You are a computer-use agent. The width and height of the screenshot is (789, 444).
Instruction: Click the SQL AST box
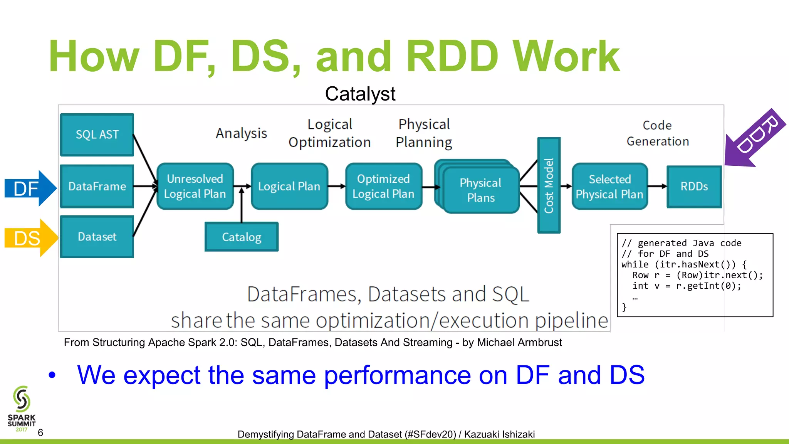pyautogui.click(x=97, y=135)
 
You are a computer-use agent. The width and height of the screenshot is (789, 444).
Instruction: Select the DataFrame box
pyautogui.click(x=97, y=186)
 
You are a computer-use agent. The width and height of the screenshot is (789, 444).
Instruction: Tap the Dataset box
pyautogui.click(x=97, y=236)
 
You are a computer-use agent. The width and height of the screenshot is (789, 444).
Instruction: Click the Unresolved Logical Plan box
pyautogui.click(x=195, y=186)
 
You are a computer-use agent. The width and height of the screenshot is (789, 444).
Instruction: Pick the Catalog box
pyautogui.click(x=242, y=237)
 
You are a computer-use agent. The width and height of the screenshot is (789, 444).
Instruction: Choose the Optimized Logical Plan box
pyautogui.click(x=383, y=186)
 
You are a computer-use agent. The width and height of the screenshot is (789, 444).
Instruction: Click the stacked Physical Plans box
pyautogui.click(x=480, y=190)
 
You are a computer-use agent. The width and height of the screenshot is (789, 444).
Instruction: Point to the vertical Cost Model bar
pyautogui.click(x=549, y=185)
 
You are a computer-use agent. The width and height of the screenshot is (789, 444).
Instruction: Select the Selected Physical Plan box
pyautogui.click(x=609, y=187)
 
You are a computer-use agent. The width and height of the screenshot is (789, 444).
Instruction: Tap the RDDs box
pyautogui.click(x=694, y=187)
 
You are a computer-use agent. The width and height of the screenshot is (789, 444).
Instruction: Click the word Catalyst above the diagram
pyautogui.click(x=360, y=94)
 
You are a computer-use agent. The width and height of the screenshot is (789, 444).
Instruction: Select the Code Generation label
pyautogui.click(x=658, y=133)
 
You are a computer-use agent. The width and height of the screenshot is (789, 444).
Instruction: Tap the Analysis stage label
pyautogui.click(x=241, y=133)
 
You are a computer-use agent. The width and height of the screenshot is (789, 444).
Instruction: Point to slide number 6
pyautogui.click(x=40, y=432)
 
